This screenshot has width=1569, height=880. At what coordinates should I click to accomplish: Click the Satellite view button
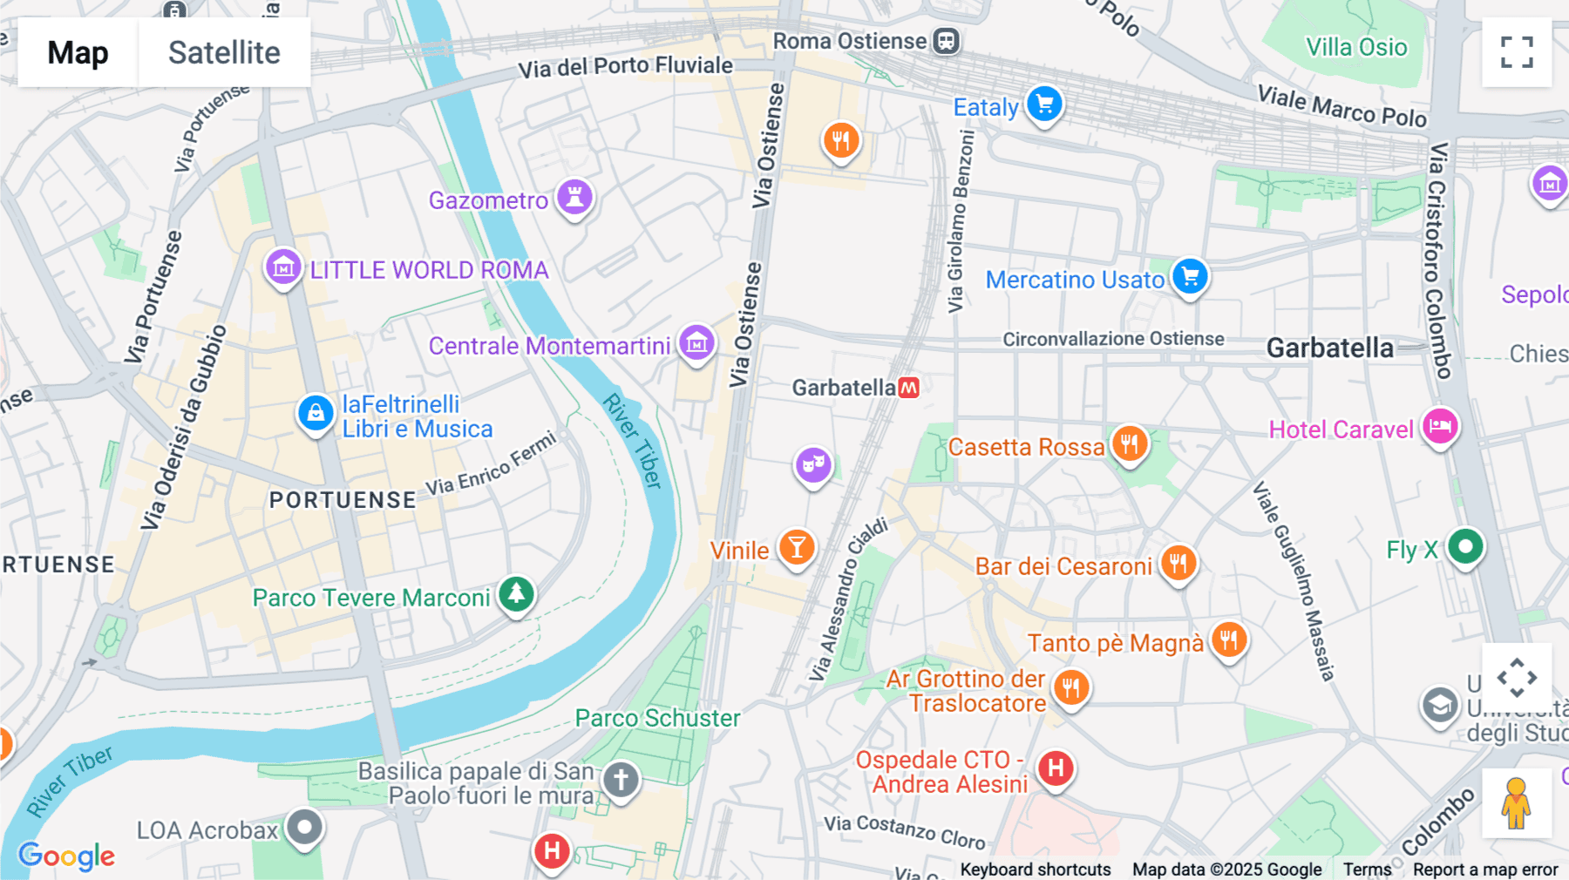tap(224, 52)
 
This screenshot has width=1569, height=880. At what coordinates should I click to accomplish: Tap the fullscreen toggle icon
tap(1517, 52)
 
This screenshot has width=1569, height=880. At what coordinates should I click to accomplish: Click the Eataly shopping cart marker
tap(1043, 105)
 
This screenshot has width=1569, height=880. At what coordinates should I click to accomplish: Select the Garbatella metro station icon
tap(909, 388)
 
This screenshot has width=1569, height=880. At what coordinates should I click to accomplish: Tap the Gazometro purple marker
tap(574, 197)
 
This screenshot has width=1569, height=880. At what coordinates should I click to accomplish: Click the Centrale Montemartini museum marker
tap(696, 343)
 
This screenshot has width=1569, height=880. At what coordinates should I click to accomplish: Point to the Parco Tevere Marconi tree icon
tap(516, 594)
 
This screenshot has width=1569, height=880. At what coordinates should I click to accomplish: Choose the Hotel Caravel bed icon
tap(1440, 427)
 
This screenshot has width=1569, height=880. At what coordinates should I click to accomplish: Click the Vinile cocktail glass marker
tap(796, 548)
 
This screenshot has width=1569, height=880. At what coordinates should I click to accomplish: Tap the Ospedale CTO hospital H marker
tap(1055, 768)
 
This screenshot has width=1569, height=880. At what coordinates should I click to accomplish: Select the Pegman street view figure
tap(1516, 802)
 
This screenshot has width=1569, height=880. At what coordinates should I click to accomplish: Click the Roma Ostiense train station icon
tap(946, 41)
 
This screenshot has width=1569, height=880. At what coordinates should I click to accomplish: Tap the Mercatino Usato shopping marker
tap(1190, 277)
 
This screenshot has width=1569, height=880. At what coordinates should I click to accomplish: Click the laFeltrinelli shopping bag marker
tap(316, 413)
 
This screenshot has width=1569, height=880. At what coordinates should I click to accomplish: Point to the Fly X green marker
tap(1465, 547)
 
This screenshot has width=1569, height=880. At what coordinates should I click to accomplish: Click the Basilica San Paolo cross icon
tap(621, 779)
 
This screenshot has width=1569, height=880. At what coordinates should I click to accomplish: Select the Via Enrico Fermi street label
tap(491, 464)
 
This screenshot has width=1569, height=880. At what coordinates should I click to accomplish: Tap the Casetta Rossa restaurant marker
tap(1129, 444)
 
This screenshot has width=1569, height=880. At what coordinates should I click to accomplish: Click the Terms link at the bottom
tap(1367, 869)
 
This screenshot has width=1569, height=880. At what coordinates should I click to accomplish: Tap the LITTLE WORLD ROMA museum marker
tap(283, 267)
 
